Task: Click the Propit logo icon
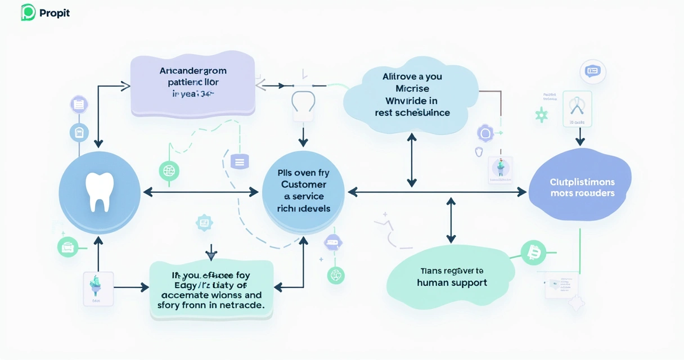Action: pos(28,12)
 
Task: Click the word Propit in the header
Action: pos(55,13)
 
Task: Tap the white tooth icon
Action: pos(100,192)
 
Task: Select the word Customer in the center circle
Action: pos(304,184)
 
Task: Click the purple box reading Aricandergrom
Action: pos(193,85)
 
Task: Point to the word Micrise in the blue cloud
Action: pos(412,89)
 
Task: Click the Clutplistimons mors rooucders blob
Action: pos(582,187)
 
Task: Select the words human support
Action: pos(452,283)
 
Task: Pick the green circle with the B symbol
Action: pos(533,253)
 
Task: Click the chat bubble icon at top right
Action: pos(593,71)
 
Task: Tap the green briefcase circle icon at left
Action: pos(68,246)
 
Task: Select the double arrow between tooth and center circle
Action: pos(201,192)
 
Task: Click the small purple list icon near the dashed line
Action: pos(239,162)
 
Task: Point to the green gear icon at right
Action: pos(542,115)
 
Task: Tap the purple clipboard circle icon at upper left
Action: pos(79,105)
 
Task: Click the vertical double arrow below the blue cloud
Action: pos(412,160)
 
